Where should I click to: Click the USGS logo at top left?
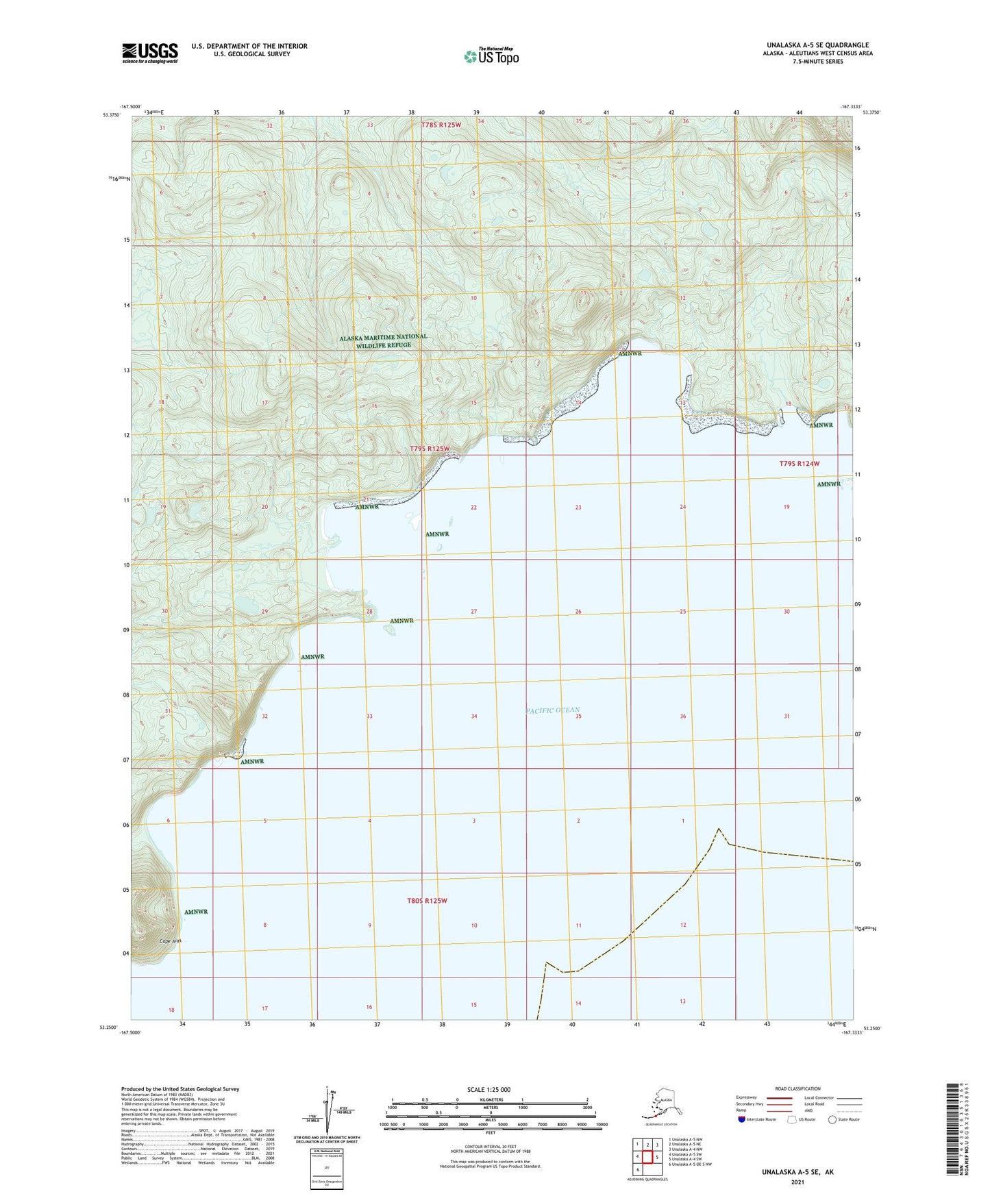coord(150,53)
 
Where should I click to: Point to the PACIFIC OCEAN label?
coord(554,710)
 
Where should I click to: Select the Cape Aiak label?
coord(171,941)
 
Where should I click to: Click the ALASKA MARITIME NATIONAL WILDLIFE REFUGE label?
coord(384,340)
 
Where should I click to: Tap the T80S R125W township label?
coord(427,901)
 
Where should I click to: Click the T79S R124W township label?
coord(799,464)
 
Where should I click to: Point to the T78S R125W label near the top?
coord(442,125)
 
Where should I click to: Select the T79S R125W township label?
coord(430,449)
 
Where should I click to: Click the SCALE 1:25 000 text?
coord(489,1090)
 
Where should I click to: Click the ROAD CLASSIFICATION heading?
coord(797,1088)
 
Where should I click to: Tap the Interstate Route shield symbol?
coord(742,1119)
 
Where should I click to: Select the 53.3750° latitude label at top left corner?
coord(112,115)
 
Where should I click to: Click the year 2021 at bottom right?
coord(797,1182)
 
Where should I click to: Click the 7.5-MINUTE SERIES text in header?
coord(817,62)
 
